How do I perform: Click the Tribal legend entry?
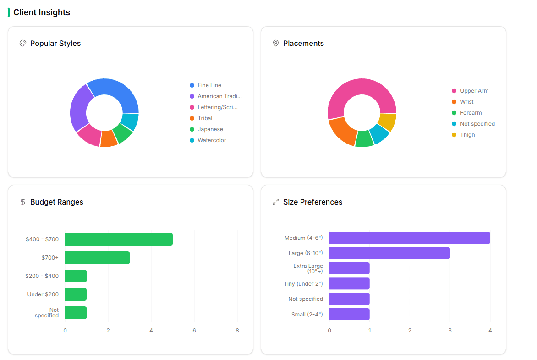tap(205, 118)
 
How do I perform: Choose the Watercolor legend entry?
tap(211, 140)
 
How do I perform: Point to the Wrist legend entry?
tap(466, 102)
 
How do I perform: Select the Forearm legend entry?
tap(471, 113)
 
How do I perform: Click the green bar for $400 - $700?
tap(119, 239)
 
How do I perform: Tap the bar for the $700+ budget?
tap(97, 258)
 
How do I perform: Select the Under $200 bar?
tap(76, 294)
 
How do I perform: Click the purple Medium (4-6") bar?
tap(410, 238)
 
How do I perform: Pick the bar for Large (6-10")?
tap(389, 253)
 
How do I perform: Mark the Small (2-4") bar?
tap(349, 314)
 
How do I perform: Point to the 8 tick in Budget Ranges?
tap(237, 331)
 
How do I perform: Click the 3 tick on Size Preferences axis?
tap(450, 331)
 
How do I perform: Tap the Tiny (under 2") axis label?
tap(303, 284)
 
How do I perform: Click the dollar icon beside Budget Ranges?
tap(23, 202)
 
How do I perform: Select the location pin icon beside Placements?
tap(275, 43)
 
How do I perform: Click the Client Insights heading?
tap(42, 12)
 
